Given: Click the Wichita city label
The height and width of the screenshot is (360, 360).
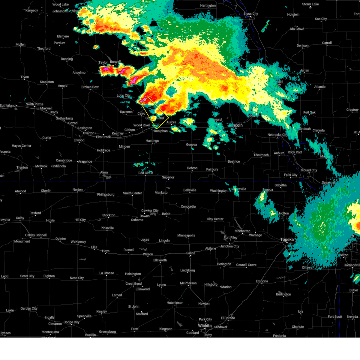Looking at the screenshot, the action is [x=205, y=325].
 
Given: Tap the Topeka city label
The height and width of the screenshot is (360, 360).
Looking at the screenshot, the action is [x=287, y=239].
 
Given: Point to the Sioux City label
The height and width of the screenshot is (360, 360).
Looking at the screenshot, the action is [x=250, y=14].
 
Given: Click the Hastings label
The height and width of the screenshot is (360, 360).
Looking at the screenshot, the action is [x=152, y=141].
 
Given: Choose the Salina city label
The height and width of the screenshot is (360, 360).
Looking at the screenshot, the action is [x=190, y=253].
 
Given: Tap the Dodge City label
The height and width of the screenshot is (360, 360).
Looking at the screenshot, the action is [x=71, y=322].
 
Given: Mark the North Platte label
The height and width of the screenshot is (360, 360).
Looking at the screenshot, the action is [x=34, y=104].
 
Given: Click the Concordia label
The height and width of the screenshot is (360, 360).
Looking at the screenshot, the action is [x=188, y=206].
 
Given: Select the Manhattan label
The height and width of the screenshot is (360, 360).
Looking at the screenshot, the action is [x=242, y=231].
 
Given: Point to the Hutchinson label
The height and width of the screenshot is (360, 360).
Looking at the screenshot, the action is [x=175, y=303].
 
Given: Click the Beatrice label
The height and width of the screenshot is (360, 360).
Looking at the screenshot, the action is [x=234, y=161].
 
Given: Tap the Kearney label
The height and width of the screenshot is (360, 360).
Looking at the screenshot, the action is [x=118, y=133].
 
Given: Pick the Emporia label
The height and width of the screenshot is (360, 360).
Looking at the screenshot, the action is [x=262, y=281].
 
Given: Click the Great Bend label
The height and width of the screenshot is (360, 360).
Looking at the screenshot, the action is [x=133, y=283].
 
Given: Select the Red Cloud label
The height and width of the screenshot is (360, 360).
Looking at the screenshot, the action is [x=146, y=173].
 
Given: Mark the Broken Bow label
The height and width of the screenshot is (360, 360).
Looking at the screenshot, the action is [x=90, y=87].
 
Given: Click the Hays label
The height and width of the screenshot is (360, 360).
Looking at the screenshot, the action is [x=106, y=251].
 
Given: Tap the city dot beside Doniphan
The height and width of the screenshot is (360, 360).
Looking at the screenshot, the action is [x=153, y=131].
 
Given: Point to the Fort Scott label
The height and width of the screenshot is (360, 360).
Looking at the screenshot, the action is [x=335, y=316].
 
